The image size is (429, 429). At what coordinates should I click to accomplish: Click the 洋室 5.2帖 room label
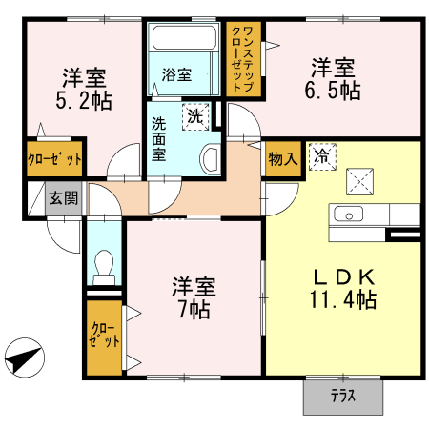pyautogui.click(x=85, y=87)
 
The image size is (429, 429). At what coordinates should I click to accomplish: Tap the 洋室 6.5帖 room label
pyautogui.click(x=333, y=78)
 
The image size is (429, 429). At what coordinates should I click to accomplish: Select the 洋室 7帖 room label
pyautogui.click(x=193, y=296)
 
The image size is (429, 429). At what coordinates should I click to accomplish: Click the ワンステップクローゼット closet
pyautogui.click(x=243, y=58)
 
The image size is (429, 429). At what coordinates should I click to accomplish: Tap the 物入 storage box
pyautogui.click(x=282, y=158)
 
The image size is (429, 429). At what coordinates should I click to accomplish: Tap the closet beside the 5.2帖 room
pyautogui.click(x=54, y=158)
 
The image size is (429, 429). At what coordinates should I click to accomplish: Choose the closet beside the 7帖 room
pyautogui.click(x=104, y=337)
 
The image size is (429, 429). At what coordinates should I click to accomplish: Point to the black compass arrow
pyautogui.click(x=25, y=361)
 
